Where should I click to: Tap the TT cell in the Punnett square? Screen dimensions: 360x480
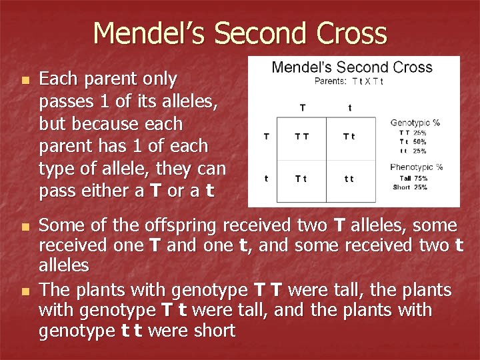pyautogui.click(x=302, y=137)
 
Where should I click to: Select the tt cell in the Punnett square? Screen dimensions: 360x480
pyautogui.click(x=349, y=179)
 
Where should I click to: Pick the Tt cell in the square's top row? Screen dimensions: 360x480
pyautogui.click(x=349, y=137)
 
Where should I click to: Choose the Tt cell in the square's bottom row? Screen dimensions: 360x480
pyautogui.click(x=302, y=179)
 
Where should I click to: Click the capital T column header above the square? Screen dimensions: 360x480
pyautogui.click(x=303, y=107)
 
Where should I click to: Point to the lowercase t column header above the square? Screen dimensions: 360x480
pyautogui.click(x=350, y=107)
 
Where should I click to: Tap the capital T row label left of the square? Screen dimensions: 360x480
pyautogui.click(x=267, y=137)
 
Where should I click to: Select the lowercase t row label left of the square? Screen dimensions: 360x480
pyautogui.click(x=267, y=179)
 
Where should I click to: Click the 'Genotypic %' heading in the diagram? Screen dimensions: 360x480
pyautogui.click(x=415, y=123)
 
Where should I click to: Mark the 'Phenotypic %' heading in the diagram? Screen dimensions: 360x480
pyautogui.click(x=417, y=167)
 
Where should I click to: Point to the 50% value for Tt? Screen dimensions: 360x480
pyautogui.click(x=420, y=141)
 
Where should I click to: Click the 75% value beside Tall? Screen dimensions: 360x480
pyautogui.click(x=421, y=178)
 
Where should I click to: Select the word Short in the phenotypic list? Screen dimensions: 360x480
pyautogui.click(x=401, y=187)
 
